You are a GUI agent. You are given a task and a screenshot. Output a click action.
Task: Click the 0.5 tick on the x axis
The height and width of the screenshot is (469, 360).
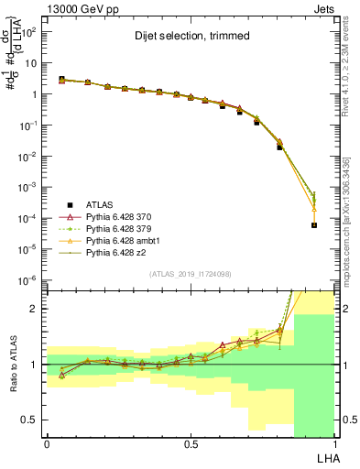pyautogui.click(x=191, y=443)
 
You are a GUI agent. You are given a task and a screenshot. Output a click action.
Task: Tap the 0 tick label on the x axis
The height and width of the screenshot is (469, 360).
pyautogui.click(x=47, y=443)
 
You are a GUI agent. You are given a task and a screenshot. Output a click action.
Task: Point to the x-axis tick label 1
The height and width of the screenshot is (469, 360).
pyautogui.click(x=334, y=443)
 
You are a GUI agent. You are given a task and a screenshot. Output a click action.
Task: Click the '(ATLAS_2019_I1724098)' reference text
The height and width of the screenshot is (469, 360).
pyautogui.click(x=191, y=274)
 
